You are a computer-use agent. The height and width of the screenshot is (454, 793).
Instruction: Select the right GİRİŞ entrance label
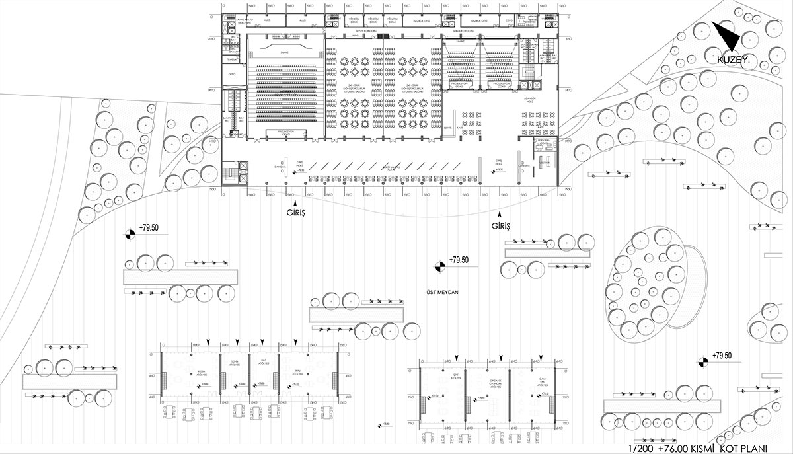pyautogui.click(x=502, y=226)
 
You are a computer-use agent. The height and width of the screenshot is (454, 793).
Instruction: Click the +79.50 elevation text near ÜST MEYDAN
pyautogui.click(x=458, y=260)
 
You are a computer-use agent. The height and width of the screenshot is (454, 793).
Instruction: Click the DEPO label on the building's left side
pyautogui.click(x=232, y=74)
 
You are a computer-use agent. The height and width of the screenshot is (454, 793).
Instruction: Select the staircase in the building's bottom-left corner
pyautogui.click(x=232, y=174)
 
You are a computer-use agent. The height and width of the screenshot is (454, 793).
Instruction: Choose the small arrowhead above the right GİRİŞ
pyautogui.click(x=500, y=215)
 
